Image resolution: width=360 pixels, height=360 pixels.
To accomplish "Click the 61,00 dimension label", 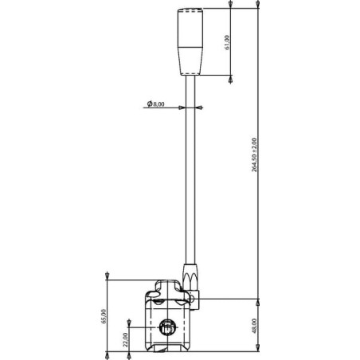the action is (227, 42).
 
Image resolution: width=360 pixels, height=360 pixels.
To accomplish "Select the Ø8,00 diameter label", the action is (156, 104).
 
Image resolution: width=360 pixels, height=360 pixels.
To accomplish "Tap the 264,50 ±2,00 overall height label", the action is (254, 155).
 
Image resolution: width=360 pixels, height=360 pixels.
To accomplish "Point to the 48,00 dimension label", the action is (254, 326).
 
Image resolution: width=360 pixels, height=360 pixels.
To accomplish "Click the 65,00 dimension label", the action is (104, 316).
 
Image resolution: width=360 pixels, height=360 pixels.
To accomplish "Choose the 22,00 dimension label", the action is (125, 340).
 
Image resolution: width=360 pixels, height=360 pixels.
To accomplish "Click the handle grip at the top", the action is (190, 42).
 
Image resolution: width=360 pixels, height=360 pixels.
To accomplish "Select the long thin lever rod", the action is (190, 170).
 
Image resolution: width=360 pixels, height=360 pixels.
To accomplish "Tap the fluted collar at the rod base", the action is (190, 277).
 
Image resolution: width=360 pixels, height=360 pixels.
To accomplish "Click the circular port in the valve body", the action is (167, 327).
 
